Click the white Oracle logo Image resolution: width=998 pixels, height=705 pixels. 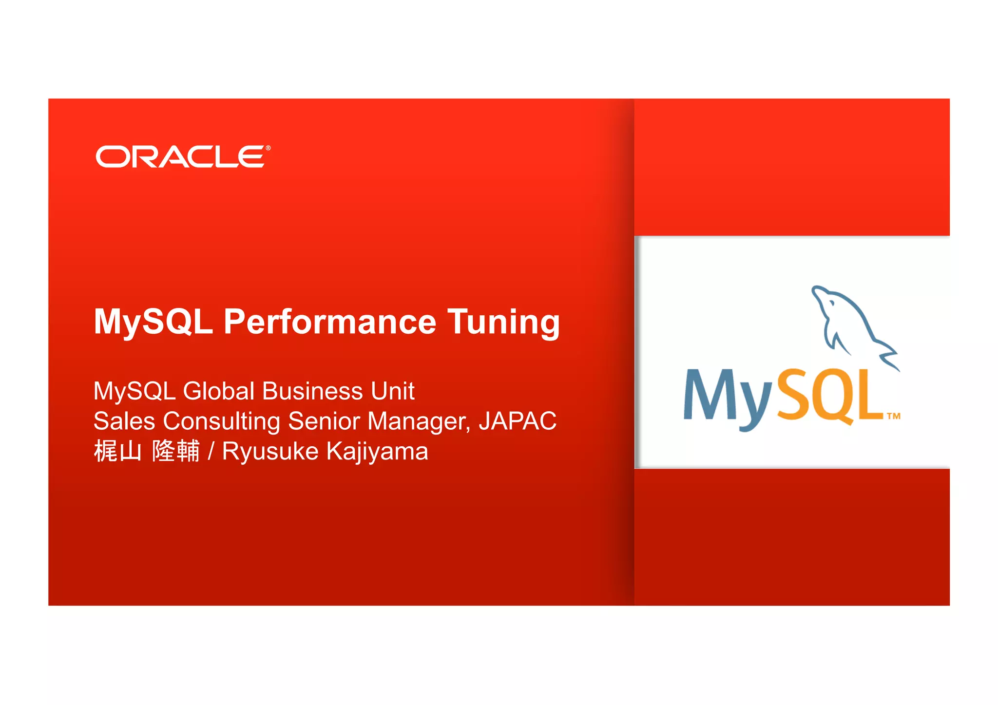[182, 156]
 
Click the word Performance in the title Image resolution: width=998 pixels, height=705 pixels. [329, 322]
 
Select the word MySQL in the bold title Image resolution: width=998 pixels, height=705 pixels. [153, 322]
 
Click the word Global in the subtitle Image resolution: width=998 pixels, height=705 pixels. [219, 391]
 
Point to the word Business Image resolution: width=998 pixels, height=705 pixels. [312, 391]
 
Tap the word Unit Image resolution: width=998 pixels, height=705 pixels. [392, 391]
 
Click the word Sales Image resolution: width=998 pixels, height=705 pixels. [124, 421]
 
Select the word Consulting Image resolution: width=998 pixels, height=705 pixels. [221, 422]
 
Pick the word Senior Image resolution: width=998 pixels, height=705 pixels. [324, 421]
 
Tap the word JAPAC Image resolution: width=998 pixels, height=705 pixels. [518, 421]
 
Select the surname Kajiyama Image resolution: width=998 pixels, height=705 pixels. [377, 452]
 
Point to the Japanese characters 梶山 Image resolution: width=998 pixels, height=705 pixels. [117, 451]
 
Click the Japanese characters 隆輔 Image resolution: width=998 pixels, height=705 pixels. [176, 451]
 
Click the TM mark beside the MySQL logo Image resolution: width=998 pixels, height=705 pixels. [893, 416]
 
